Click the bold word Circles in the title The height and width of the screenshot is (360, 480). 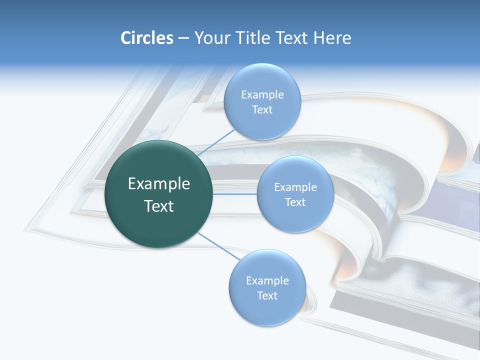point(147,38)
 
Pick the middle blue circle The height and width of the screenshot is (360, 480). point(295,217)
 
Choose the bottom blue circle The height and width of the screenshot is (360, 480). point(267,310)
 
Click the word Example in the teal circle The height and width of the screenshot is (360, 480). point(159,184)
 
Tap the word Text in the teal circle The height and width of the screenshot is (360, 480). point(159,206)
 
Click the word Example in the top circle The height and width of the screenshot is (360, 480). point(262,95)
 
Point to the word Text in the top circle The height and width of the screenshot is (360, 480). point(262,110)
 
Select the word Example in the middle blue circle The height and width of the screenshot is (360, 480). point(295,187)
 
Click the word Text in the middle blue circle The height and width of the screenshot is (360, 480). point(295,202)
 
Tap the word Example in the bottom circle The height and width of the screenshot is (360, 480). point(267,281)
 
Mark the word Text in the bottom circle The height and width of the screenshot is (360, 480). point(267,295)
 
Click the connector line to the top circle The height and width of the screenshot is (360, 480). point(216,141)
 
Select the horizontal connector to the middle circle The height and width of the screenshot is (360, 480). point(235,194)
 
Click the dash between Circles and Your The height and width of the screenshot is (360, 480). point(183,38)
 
